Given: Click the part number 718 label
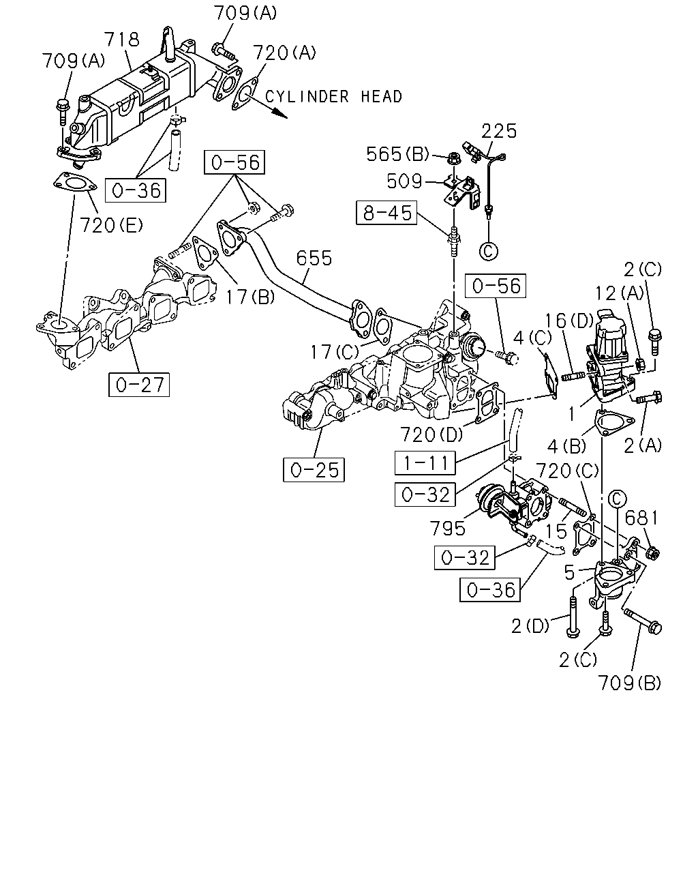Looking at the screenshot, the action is coord(122,40).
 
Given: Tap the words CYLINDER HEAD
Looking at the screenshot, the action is coord(333,97).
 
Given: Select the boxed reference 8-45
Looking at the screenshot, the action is coord(386,213).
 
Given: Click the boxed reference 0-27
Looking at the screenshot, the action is coord(139,385).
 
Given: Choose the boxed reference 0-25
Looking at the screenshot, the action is coord(314,470).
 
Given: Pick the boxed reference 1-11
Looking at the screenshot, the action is coord(425,463).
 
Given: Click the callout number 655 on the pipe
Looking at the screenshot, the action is coord(314,258).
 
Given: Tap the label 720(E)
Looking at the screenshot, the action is coord(111,225).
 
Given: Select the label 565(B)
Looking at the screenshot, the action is coord(397,154).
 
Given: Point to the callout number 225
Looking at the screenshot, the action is coord(499,131).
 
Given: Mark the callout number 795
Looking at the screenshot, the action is coord(447,528).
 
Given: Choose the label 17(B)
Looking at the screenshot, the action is coord(250,297).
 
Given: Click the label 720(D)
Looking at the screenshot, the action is coord(431,434).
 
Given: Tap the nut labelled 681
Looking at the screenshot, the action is coord(652,552).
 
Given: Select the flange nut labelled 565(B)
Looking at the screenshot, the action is coord(453,158).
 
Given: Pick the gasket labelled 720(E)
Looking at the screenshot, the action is coord(75,183).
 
